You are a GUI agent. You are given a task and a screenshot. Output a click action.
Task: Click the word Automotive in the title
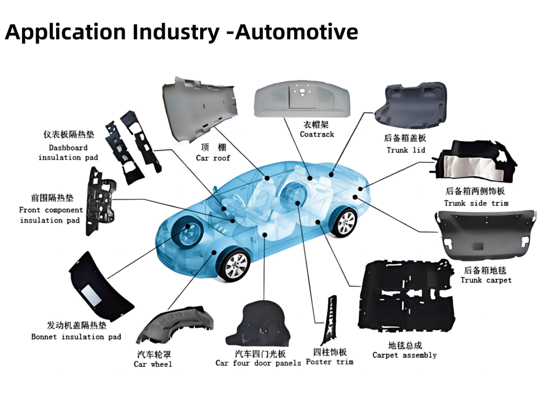(296, 32)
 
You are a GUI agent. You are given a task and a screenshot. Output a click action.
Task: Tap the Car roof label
(213, 158)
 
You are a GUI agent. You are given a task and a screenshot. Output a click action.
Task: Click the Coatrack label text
(317, 134)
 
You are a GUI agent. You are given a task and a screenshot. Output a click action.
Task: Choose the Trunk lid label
(406, 150)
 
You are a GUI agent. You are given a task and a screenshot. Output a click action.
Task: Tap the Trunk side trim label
(476, 203)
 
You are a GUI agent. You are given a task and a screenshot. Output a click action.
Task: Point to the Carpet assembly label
(404, 355)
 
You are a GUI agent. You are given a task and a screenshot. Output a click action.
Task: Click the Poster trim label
(330, 362)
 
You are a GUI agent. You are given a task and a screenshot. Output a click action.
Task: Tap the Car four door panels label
(258, 363)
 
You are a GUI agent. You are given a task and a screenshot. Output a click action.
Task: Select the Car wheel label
(153, 364)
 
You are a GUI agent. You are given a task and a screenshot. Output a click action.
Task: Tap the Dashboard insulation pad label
(68, 152)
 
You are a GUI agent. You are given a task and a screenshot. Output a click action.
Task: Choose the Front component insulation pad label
(50, 215)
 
